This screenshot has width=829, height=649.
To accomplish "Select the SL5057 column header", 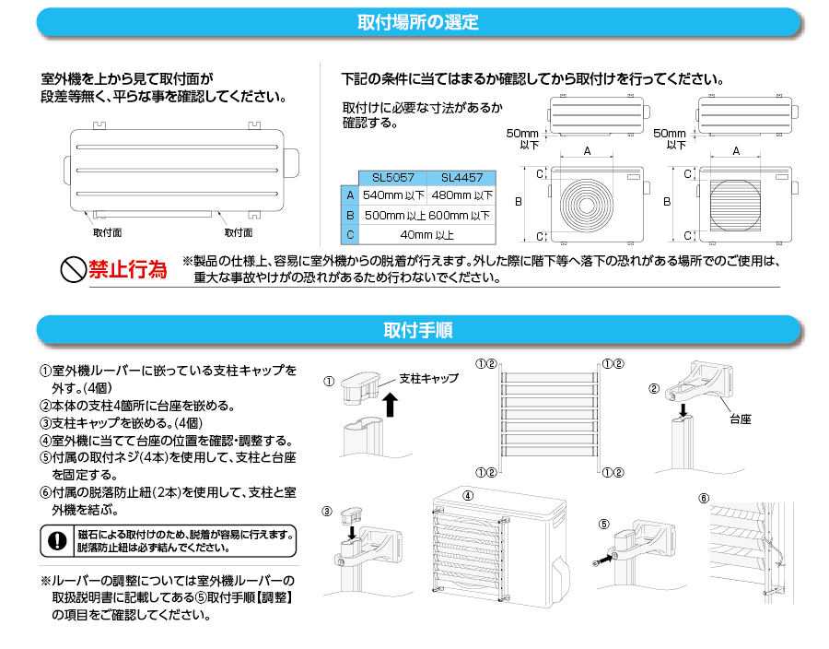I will [392, 177].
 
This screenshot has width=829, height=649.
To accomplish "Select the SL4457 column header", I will [461, 177].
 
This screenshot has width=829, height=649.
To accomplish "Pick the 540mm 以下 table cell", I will [392, 195].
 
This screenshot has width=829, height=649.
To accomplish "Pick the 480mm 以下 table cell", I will [461, 195].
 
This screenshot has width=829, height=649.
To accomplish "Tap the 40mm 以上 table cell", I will [426, 234].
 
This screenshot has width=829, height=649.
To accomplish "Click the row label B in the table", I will [349, 215].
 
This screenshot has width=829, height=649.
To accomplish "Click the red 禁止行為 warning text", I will [128, 270].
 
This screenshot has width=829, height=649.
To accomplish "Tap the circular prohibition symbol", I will [73, 270].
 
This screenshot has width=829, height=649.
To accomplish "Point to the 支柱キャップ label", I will [428, 379].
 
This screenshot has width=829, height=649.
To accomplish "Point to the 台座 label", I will [740, 419].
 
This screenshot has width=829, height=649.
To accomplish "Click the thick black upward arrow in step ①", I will [390, 403].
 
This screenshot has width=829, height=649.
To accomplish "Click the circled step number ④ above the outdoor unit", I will [468, 495].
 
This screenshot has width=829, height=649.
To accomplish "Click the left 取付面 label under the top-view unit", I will [107, 232].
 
